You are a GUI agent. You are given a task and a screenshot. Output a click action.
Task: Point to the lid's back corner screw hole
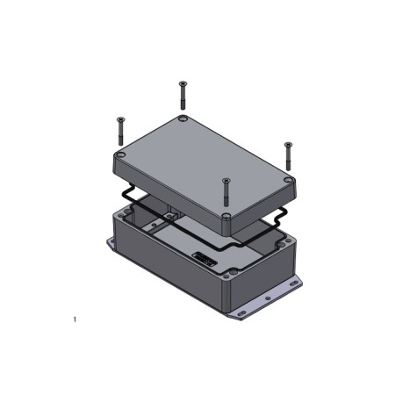pyautogui.click(x=182, y=118)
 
